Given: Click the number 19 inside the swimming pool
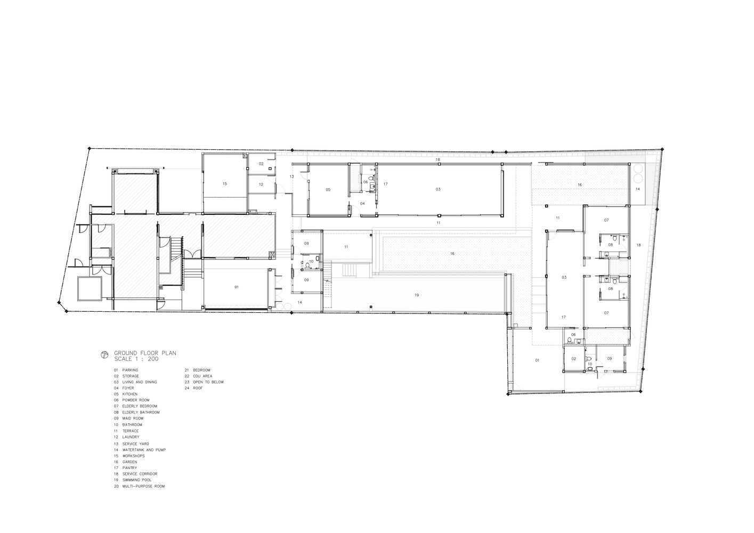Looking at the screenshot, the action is pos(417,295).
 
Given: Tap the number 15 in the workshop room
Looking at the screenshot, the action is pos(225,184).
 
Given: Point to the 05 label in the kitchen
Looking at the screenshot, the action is pos(328,190).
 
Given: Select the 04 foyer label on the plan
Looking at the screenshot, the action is pos(362,204).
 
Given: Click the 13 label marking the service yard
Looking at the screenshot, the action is pos(292,176).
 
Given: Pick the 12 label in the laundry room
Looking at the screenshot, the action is pos(261,184).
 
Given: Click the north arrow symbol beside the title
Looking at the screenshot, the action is pos(104,355).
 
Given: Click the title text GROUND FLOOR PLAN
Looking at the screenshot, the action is pos(145,353).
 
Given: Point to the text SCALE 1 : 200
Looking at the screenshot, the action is pos(136,359).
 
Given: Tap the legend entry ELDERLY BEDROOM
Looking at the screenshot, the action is pos(140,406).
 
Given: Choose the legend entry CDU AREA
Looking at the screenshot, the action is pos(202,376).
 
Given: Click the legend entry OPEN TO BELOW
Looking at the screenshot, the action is pos(208,382).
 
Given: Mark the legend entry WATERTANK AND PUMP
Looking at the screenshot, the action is pos(144,450).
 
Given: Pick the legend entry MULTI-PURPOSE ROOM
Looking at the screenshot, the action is pos(143,487).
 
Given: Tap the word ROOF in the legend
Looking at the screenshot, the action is pos(198,388).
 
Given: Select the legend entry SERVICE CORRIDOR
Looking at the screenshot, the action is pos(140,474).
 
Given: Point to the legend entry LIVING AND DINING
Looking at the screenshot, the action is pos(140,382).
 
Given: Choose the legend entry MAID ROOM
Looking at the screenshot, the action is pos(133,418).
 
